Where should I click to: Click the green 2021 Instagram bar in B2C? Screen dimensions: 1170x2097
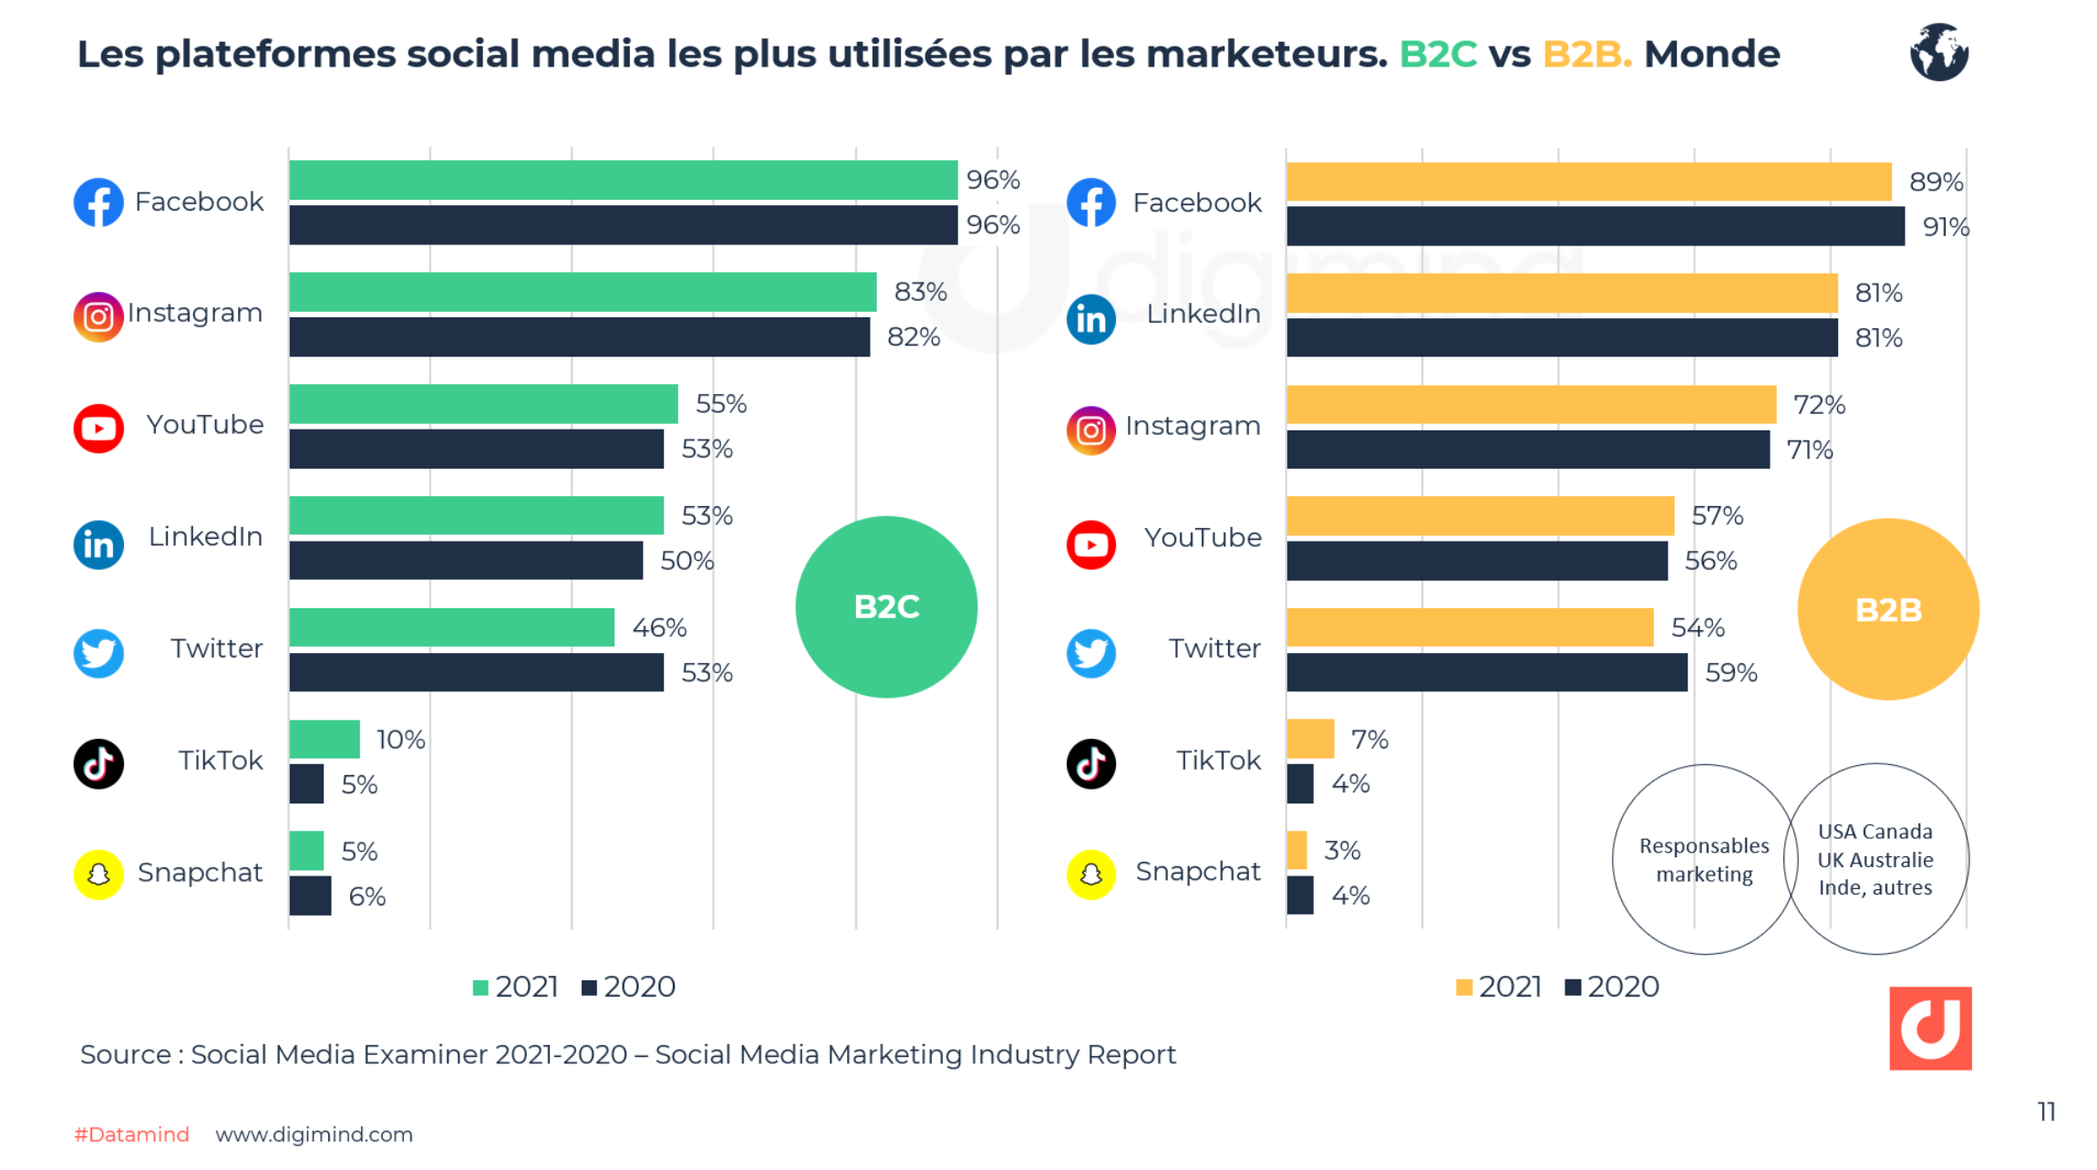[582, 292]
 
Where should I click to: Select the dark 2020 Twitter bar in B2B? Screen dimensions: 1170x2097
[1486, 672]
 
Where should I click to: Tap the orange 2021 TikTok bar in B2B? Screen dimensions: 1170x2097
[1310, 739]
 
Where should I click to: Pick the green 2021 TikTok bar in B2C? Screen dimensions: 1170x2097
[325, 739]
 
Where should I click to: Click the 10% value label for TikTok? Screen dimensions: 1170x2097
[401, 740]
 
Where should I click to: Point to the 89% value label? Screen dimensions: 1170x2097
[1936, 181]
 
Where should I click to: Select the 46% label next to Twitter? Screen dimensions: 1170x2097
[659, 627]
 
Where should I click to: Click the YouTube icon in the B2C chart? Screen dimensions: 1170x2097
[98, 428]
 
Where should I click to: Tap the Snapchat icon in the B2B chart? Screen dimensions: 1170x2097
[1090, 875]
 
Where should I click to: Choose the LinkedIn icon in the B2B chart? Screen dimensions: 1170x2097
[1090, 319]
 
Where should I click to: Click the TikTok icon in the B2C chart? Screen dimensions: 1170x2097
[98, 763]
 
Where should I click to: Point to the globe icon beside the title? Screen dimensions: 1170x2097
[1938, 52]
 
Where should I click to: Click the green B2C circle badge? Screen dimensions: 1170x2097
[886, 607]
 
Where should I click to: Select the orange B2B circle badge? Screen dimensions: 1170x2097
[1887, 609]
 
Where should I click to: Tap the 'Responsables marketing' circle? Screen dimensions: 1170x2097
[1703, 859]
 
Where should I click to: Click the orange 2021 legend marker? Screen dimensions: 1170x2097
[1464, 988]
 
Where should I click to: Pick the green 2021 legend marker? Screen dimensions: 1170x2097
[480, 988]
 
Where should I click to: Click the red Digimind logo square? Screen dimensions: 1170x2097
[1930, 1028]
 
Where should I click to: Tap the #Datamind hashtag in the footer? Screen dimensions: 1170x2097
[131, 1134]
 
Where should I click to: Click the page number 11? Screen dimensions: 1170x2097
[2046, 1112]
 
